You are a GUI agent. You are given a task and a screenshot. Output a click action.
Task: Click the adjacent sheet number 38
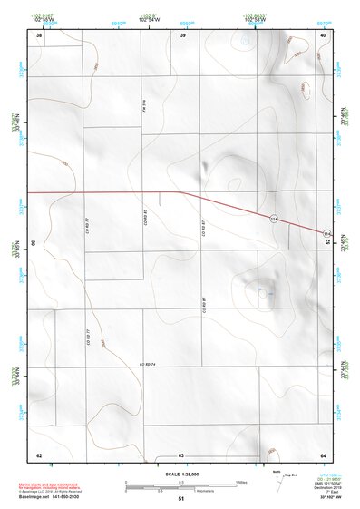(x=39, y=34)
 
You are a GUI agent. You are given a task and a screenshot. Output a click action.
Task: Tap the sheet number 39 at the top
(x=182, y=34)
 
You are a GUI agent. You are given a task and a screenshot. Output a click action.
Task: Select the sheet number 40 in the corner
(x=323, y=34)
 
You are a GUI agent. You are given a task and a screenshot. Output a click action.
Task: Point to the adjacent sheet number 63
(x=181, y=455)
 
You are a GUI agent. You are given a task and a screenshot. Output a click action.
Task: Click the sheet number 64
(x=323, y=455)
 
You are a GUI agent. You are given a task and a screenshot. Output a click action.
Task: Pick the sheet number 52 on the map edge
(x=327, y=243)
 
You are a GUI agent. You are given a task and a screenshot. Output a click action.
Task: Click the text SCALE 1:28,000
(x=181, y=474)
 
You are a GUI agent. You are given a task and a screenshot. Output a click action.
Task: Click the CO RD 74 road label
(x=148, y=365)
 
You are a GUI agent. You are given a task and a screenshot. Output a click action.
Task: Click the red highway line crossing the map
(x=109, y=192)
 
